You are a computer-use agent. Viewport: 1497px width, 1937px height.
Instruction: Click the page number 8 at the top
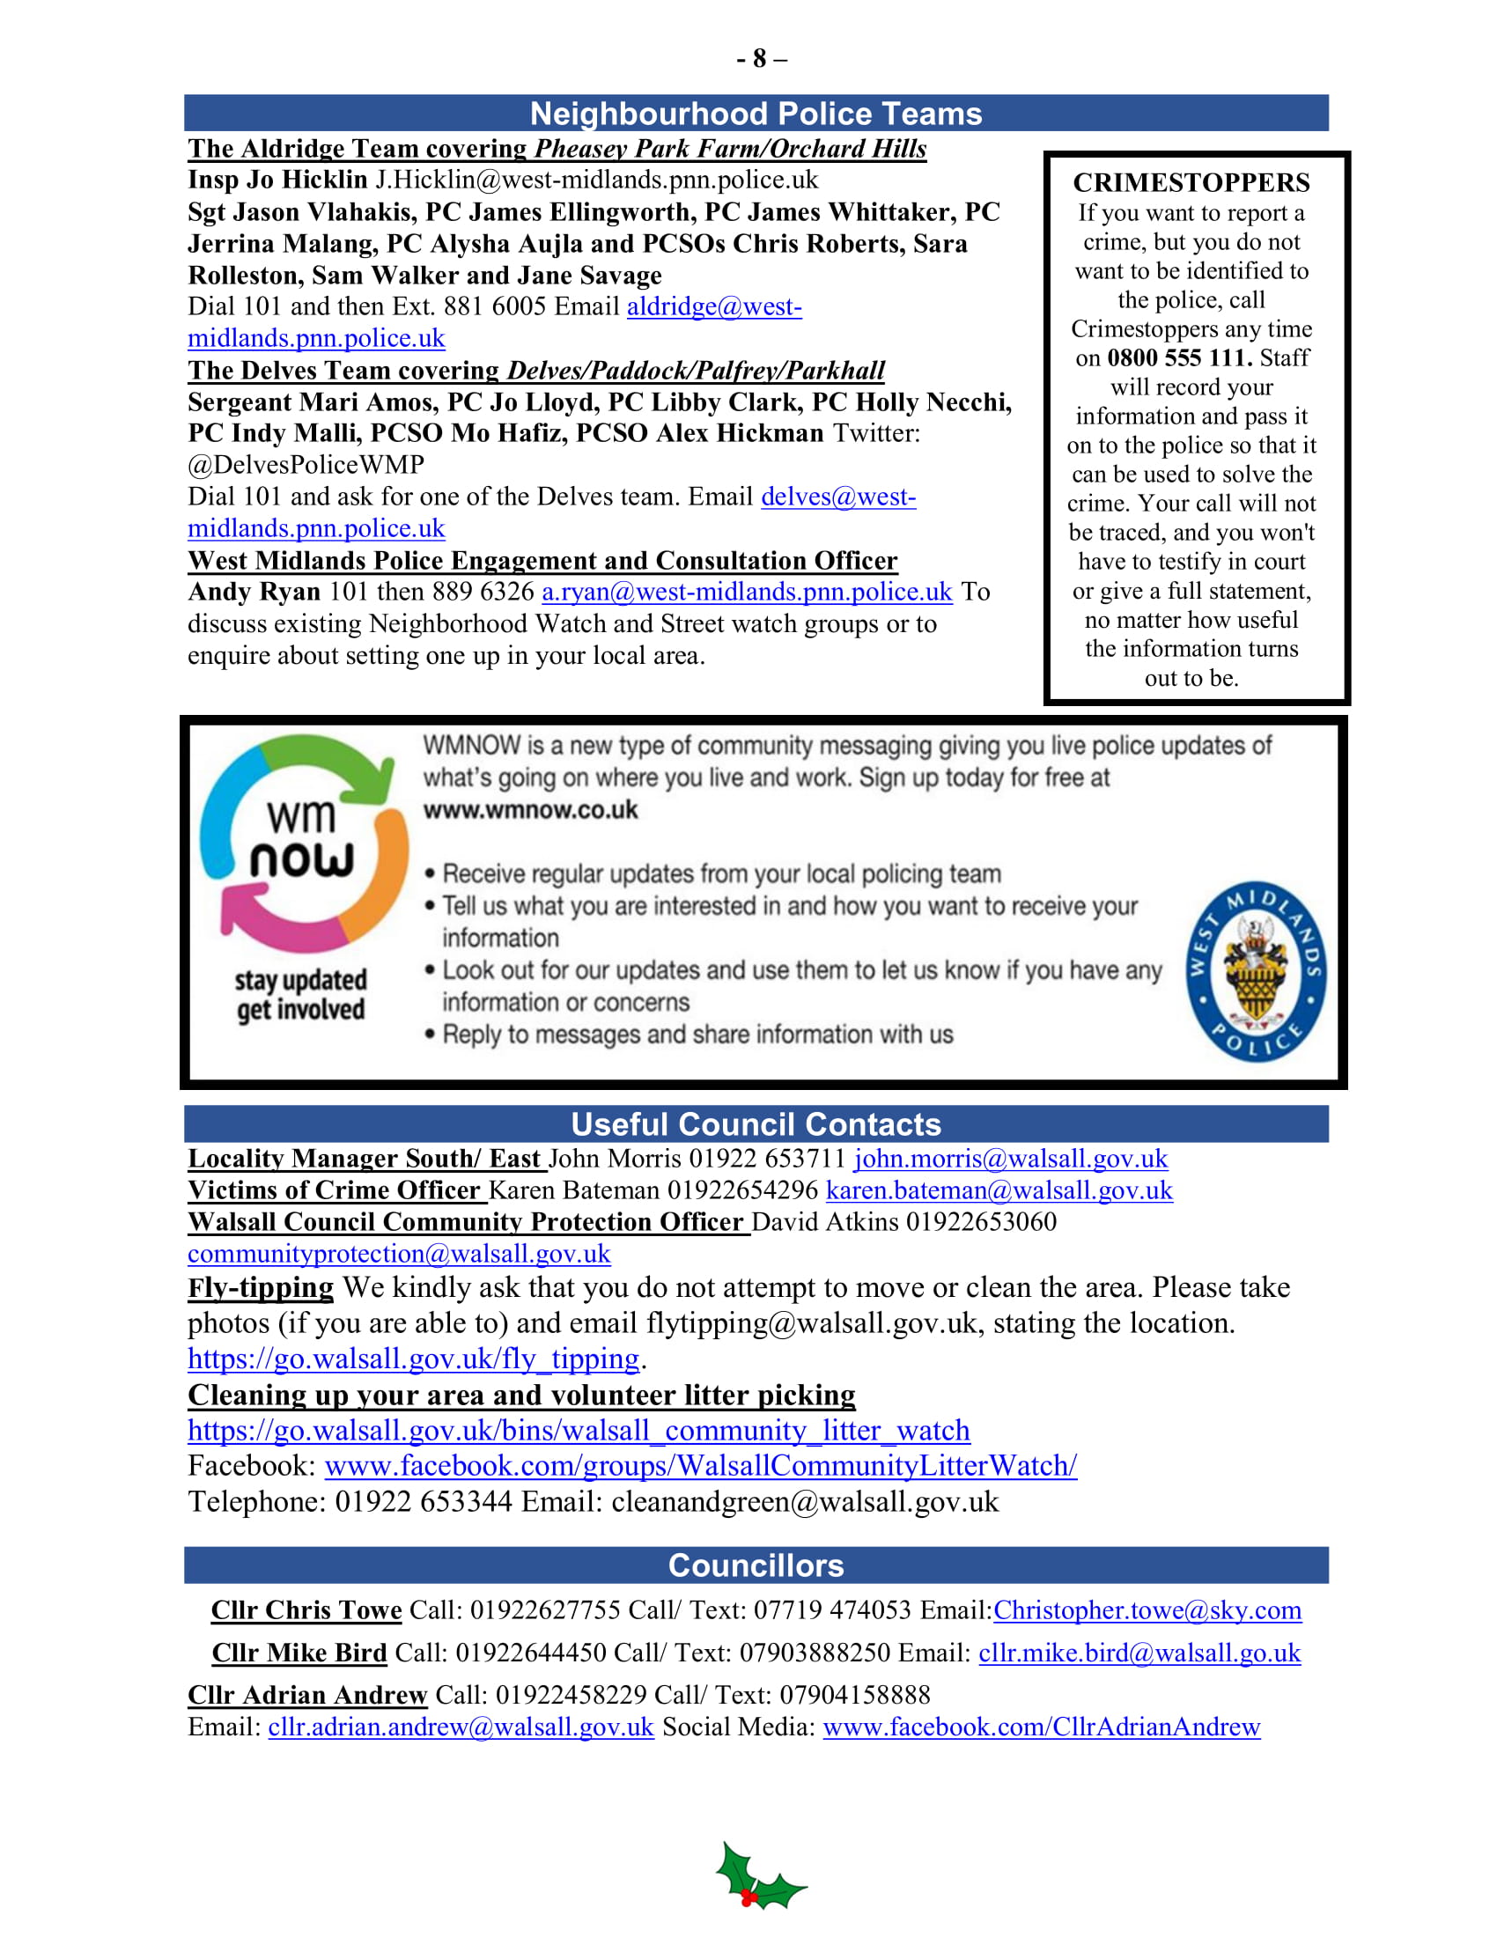pyautogui.click(x=759, y=58)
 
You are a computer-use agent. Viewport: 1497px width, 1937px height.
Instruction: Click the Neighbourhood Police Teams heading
pyautogui.click(x=756, y=114)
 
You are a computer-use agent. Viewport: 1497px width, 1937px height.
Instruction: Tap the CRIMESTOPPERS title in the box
pyautogui.click(x=1191, y=183)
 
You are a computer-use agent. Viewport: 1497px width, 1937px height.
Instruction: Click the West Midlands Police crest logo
pyautogui.click(x=1256, y=971)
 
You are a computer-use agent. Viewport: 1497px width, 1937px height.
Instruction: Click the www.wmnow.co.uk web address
pyautogui.click(x=530, y=811)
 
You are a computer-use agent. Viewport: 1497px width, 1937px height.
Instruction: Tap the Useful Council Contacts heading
pyautogui.click(x=756, y=1123)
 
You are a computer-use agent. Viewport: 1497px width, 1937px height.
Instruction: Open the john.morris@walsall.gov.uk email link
pyautogui.click(x=1010, y=1159)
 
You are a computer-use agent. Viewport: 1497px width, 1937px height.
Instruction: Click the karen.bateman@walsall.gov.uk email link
pyautogui.click(x=999, y=1190)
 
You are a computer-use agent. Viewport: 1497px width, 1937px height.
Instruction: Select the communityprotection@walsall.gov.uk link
pyautogui.click(x=399, y=1254)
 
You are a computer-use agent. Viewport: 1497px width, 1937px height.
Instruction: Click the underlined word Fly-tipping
pyautogui.click(x=261, y=1287)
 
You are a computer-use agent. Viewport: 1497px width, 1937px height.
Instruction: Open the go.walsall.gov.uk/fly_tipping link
pyautogui.click(x=413, y=1359)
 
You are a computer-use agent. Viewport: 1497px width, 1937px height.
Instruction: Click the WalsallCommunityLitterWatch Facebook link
pyautogui.click(x=701, y=1466)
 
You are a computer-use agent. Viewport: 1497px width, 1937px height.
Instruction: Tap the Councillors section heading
pyautogui.click(x=756, y=1565)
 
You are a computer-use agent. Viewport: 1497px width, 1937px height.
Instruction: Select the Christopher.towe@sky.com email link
pyautogui.click(x=1147, y=1610)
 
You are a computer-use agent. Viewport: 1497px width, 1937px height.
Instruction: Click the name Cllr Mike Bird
pyautogui.click(x=299, y=1653)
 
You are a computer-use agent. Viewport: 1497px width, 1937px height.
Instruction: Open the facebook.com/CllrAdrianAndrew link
pyautogui.click(x=1041, y=1727)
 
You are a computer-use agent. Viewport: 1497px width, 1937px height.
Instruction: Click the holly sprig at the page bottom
pyautogui.click(x=759, y=1877)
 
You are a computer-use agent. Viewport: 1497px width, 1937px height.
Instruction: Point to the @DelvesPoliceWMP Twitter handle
pyautogui.click(x=306, y=465)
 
